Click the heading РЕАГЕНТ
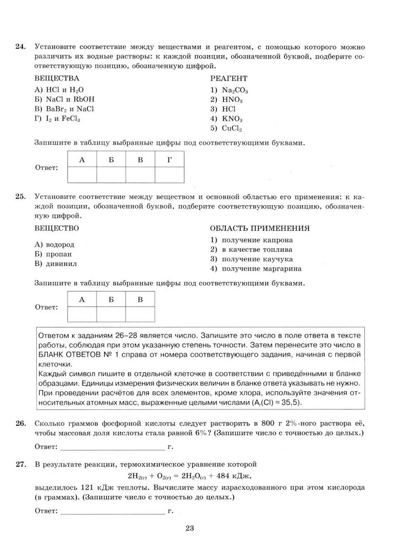(229, 79)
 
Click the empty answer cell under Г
(170, 174)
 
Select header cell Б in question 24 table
(111, 160)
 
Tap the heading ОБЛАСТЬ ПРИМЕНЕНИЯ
(260, 229)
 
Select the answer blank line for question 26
(112, 448)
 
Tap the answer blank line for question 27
(112, 511)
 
